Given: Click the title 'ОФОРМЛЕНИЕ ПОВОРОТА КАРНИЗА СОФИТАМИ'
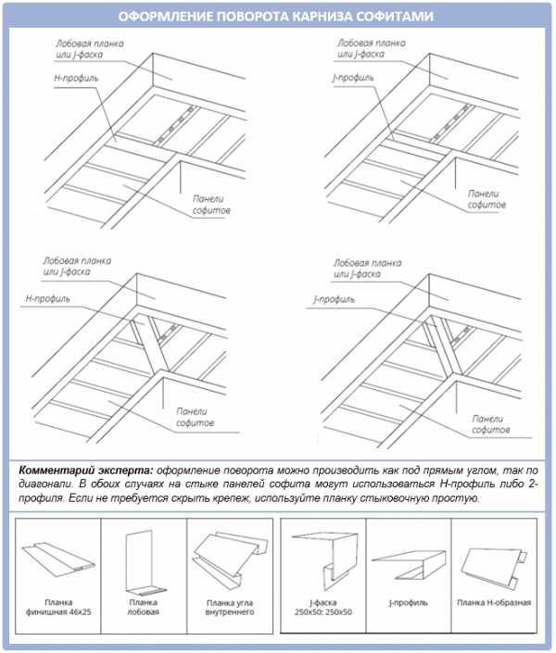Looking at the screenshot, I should [277, 16].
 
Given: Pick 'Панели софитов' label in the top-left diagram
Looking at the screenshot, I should [211, 205].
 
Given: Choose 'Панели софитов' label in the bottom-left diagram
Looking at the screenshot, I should [195, 416].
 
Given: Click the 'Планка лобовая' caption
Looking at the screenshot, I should [144, 608].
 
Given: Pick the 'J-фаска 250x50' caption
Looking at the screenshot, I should [322, 608].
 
